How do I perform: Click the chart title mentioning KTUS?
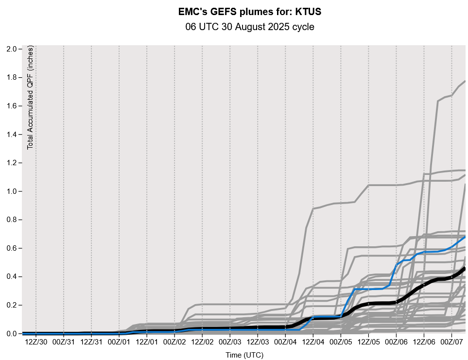coord(250,10)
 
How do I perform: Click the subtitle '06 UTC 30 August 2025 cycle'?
coord(250,27)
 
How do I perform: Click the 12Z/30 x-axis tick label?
coord(35,342)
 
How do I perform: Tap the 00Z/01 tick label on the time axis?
coord(119,342)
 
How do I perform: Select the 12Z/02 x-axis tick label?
coord(202,342)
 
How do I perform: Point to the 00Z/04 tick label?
coord(285,342)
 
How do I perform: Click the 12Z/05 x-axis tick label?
coord(368,342)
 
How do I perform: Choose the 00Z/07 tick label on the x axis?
coord(451,342)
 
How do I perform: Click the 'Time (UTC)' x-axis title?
coord(244,355)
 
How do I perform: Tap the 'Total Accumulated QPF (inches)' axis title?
coord(31,98)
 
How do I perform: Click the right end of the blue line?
coord(465,237)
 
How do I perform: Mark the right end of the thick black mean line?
coord(465,268)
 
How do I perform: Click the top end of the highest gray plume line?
coord(465,81)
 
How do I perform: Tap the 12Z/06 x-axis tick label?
coord(424,342)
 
